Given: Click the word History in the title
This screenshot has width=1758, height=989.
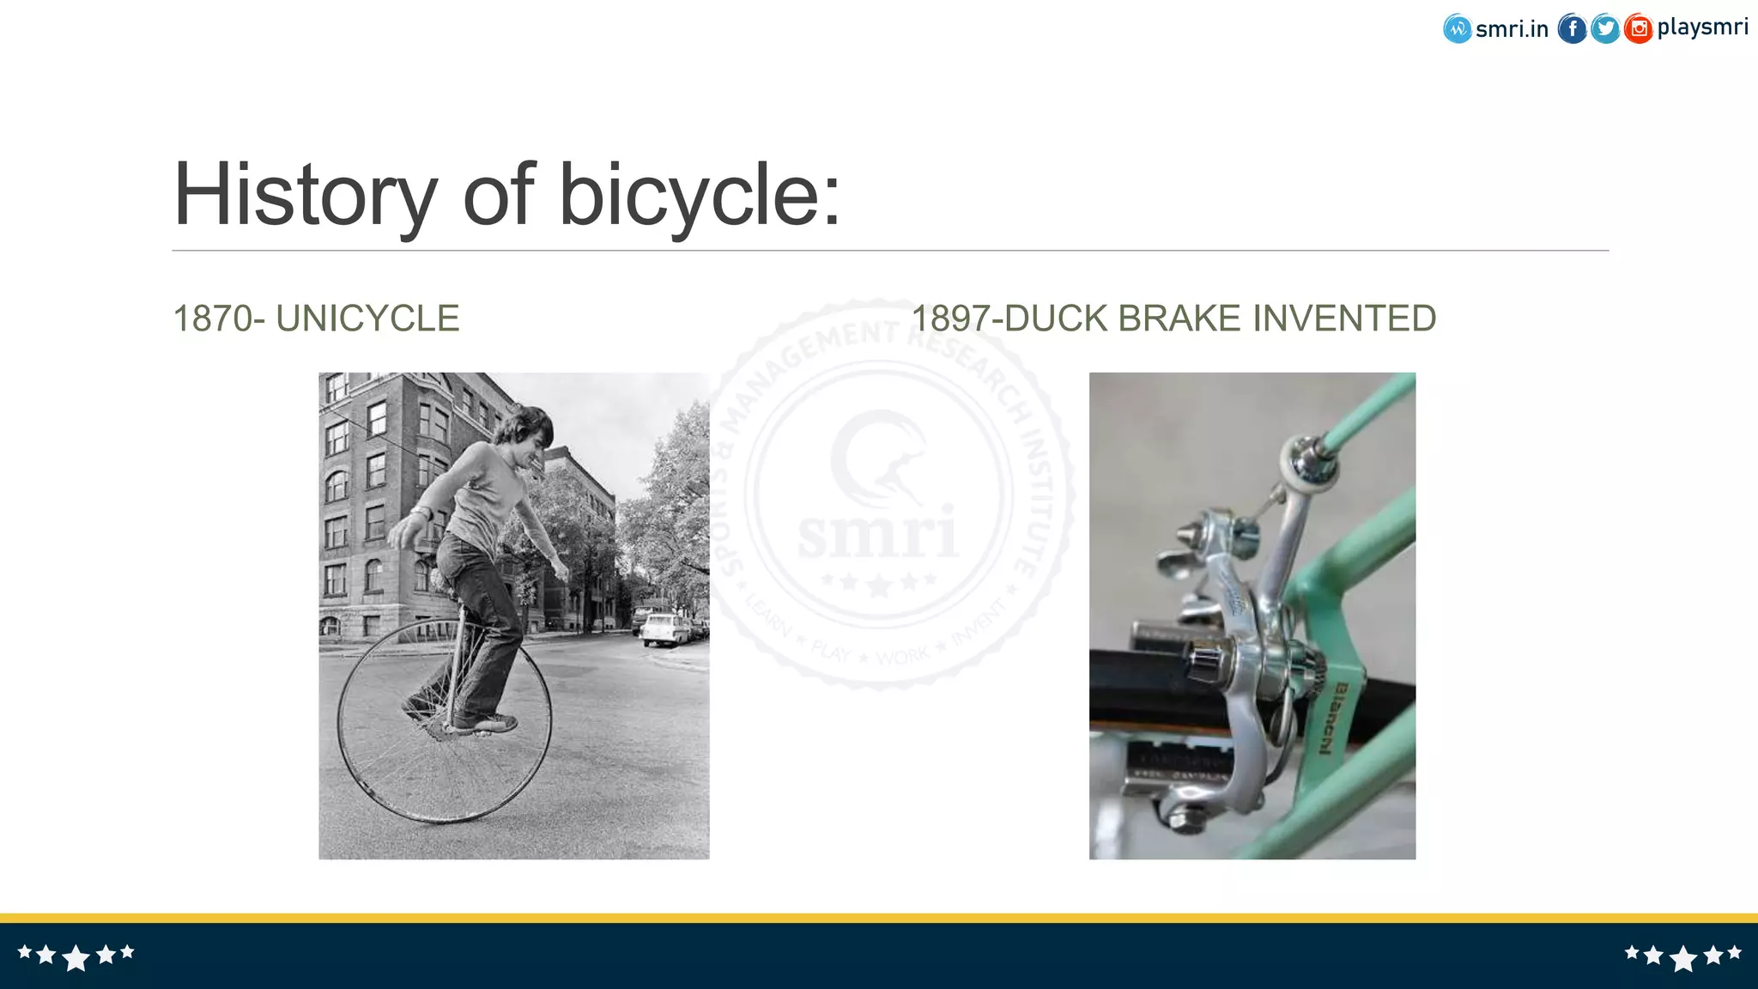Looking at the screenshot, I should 305,196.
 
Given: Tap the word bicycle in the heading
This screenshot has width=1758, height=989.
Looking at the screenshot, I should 700,196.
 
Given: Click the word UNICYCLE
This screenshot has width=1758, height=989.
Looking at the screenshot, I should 367,319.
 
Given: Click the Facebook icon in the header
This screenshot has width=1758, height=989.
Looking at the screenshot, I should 1572,29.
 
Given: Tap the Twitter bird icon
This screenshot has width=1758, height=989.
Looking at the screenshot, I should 1604,29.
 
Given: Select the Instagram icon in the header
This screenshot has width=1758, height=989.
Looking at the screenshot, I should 1638,29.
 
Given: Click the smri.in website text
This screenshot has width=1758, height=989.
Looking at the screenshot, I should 1512,29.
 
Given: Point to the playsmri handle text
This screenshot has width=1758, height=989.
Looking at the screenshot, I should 1702,27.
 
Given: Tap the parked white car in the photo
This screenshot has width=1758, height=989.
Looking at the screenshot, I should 664,629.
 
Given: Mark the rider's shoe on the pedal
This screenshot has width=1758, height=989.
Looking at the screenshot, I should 485,724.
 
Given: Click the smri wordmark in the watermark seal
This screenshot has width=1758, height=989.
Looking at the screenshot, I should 877,532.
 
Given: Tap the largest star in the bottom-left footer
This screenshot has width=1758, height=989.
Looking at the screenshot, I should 76,957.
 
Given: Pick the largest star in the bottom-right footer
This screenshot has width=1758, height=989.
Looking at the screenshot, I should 1683,957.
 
